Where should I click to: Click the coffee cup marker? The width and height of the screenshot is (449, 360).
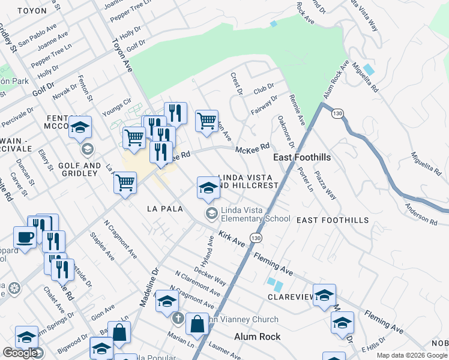pyautogui.click(x=25, y=238)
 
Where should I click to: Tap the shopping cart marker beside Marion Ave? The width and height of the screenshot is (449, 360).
pyautogui.click(x=206, y=121)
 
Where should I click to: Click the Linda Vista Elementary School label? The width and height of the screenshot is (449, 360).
pyautogui.click(x=255, y=214)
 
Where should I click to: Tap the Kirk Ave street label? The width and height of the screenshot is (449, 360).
pyautogui.click(x=232, y=238)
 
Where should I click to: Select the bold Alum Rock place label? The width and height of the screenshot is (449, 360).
pyautogui.click(x=257, y=337)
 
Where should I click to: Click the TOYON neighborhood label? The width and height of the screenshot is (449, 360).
pyautogui.click(x=32, y=11)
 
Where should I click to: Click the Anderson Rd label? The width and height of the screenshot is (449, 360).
pyautogui.click(x=421, y=213)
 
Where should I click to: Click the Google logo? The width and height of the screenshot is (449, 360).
pyautogui.click(x=19, y=353)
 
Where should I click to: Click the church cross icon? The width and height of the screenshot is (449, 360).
pyautogui.click(x=177, y=318)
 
